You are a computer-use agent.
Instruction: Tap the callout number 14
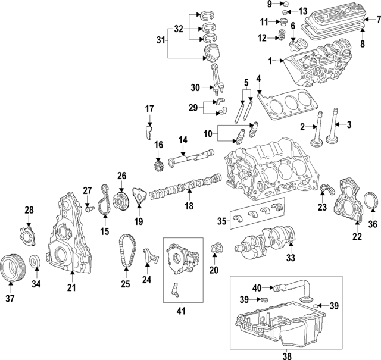coord(183,139)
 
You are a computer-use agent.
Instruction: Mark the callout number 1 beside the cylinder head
coord(270,60)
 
